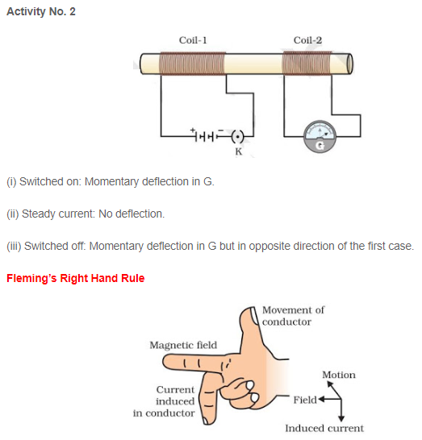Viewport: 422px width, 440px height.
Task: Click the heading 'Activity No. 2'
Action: [41, 12]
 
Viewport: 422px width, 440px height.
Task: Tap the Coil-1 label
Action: [193, 39]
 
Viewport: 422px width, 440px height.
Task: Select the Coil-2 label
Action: [307, 39]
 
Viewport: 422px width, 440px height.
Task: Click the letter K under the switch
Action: [238, 151]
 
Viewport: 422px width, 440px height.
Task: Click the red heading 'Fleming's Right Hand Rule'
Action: [76, 279]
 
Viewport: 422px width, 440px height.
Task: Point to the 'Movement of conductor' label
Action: [293, 316]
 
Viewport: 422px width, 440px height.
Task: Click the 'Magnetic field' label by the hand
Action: [183, 345]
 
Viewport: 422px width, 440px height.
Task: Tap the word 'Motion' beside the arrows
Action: [338, 375]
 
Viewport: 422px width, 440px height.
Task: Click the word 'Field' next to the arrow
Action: [305, 399]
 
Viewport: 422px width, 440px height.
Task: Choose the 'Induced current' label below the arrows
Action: [324, 428]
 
